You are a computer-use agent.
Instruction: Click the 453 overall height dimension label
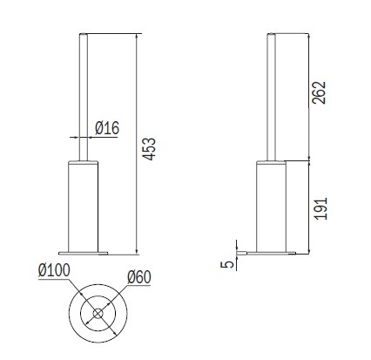point(150,149)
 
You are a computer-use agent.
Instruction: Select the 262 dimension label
point(319,92)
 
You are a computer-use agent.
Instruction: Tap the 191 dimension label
point(320,208)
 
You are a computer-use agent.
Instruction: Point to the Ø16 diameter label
point(107,128)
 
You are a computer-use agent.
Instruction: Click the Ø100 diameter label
point(54,270)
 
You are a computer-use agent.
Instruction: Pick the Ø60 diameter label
point(139,277)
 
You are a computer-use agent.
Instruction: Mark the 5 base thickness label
point(228,264)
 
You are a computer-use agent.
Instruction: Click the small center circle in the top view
point(98,314)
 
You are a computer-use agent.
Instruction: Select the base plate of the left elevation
point(83,253)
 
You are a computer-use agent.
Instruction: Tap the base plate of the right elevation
point(271,253)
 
